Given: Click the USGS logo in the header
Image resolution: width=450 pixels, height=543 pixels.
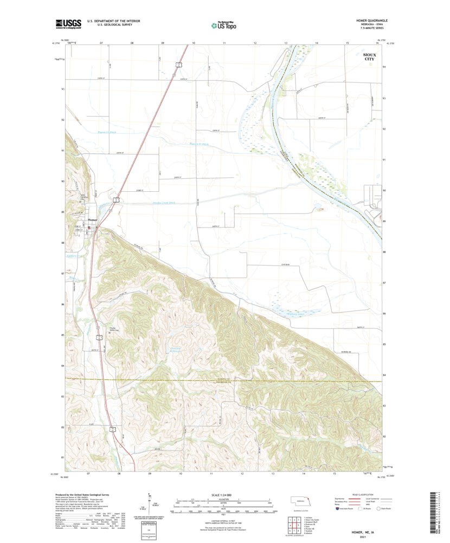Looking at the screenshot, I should click(68, 23).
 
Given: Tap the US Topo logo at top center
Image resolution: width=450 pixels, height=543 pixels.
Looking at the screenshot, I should click(224, 24).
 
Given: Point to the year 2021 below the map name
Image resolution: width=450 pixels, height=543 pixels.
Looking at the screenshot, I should click(363, 537).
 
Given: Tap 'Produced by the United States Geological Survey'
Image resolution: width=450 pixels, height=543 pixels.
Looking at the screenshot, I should click(92, 495).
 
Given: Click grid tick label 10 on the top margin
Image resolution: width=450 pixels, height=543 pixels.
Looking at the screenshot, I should click(194, 42).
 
